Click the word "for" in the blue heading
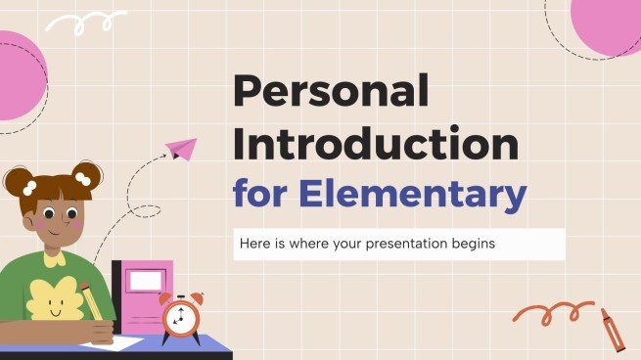point(261,193)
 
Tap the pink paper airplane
point(180,149)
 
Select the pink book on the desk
point(144,293)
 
